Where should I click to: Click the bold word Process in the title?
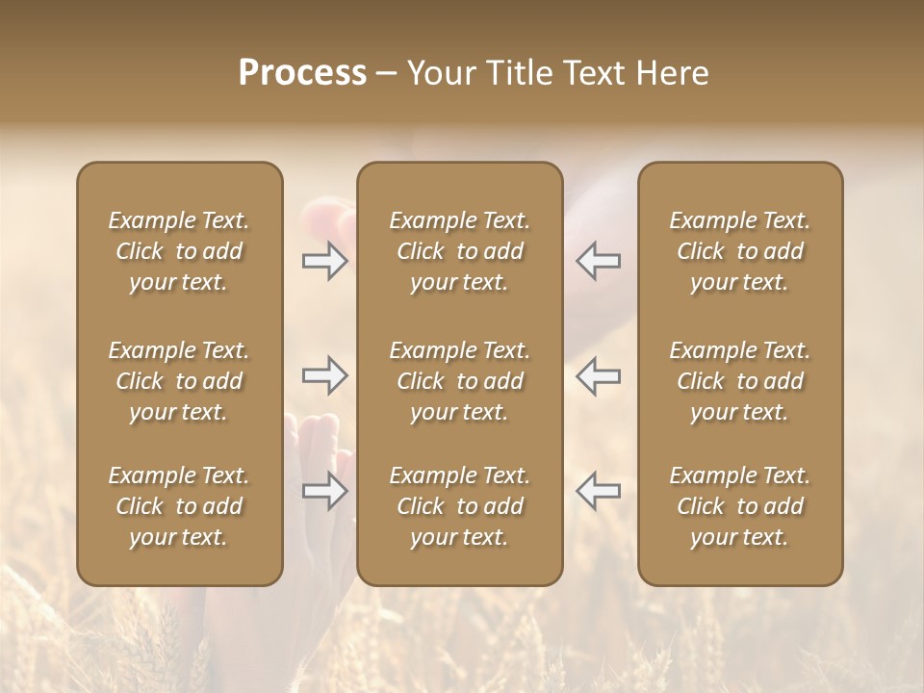[302, 73]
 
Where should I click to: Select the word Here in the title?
[673, 73]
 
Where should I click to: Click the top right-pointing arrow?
[324, 261]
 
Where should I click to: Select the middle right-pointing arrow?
[324, 375]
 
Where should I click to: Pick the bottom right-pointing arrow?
[324, 491]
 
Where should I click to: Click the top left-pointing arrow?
[599, 261]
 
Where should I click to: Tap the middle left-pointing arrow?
[599, 375]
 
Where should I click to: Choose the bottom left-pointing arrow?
[599, 491]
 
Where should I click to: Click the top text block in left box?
[179, 251]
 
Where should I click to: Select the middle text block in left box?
[179, 381]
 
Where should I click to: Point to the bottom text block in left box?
[179, 506]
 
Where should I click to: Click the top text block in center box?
[459, 251]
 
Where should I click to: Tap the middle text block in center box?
[459, 381]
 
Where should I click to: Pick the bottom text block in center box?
[459, 506]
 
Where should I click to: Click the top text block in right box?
[740, 251]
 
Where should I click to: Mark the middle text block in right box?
[740, 381]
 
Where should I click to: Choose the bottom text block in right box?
[740, 506]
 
